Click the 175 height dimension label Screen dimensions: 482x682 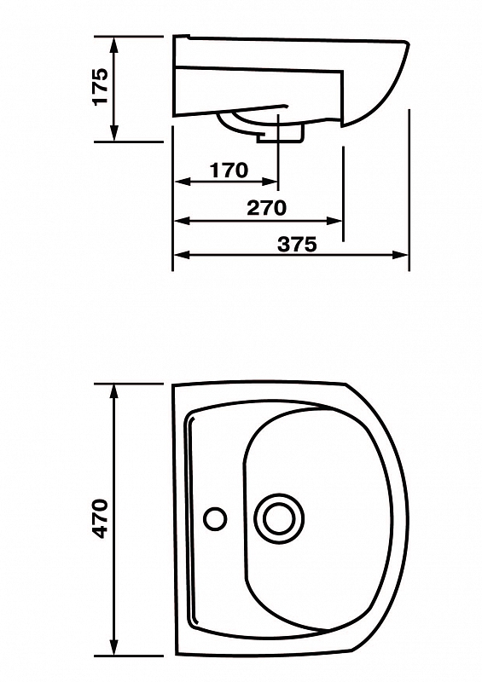(100, 86)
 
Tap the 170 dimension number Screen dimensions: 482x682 (229, 170)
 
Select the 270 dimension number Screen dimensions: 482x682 (266, 208)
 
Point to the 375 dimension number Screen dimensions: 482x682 (298, 245)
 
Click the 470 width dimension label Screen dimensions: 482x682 (101, 519)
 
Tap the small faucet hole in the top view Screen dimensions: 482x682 (215, 518)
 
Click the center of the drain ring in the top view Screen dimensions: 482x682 (279, 518)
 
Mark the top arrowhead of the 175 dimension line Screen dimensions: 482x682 (114, 44)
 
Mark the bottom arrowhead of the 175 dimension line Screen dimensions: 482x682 (114, 133)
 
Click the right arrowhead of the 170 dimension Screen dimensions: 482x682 (270, 182)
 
